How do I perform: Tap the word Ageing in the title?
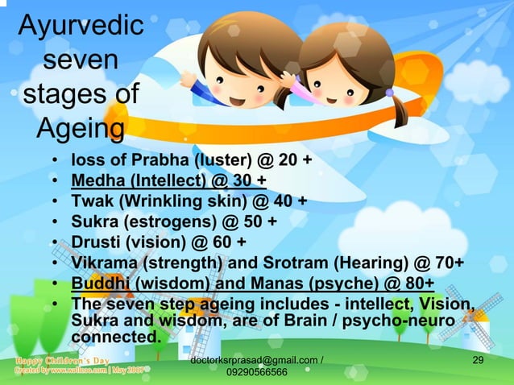coord(80,128)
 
